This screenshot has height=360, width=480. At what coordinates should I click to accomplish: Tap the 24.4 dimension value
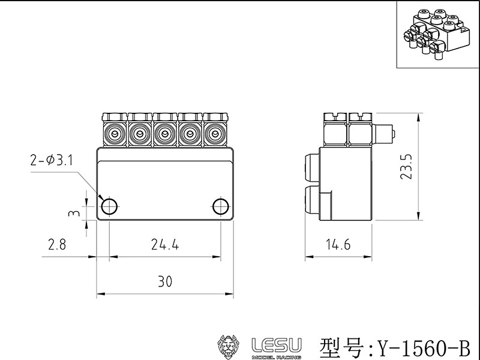(x=165, y=244)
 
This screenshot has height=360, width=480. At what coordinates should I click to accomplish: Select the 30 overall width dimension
(x=165, y=281)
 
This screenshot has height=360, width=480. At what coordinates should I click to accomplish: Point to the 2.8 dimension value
(x=58, y=244)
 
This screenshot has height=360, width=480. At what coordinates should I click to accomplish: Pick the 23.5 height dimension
(x=407, y=167)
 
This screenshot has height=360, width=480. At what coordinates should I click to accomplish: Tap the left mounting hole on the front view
(x=109, y=206)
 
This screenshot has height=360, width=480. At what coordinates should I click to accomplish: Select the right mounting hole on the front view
(x=221, y=206)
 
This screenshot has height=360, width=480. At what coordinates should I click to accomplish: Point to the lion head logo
(x=229, y=347)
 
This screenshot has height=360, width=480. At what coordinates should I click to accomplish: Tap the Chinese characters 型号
(x=341, y=347)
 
